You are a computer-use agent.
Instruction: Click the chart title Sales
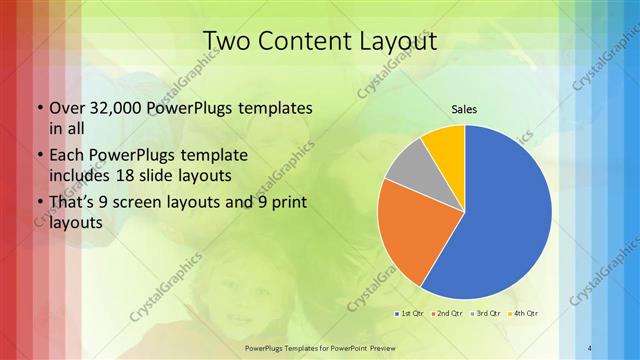(x=464, y=108)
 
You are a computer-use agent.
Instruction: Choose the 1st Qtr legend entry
(x=410, y=313)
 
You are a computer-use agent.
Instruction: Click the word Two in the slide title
(x=226, y=41)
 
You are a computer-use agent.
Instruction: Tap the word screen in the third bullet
(x=162, y=204)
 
